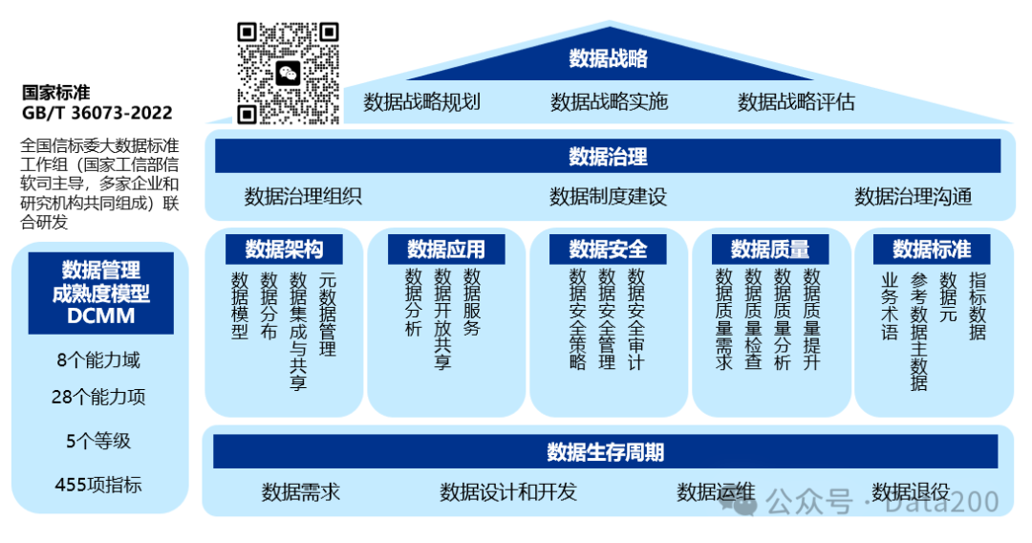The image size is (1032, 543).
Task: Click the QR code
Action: (x=289, y=74)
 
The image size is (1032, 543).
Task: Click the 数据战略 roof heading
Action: (x=609, y=58)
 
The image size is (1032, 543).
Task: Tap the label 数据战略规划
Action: (x=421, y=102)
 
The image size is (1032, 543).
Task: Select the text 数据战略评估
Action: (x=796, y=102)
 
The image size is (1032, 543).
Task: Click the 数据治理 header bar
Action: (x=608, y=156)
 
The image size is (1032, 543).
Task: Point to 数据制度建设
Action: (x=608, y=197)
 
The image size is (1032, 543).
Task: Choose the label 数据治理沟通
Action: (x=913, y=197)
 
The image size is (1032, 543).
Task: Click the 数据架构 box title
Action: (x=284, y=250)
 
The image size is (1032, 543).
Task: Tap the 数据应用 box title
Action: (x=446, y=250)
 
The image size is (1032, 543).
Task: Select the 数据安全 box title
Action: (x=608, y=250)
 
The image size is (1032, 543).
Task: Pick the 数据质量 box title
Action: (x=770, y=250)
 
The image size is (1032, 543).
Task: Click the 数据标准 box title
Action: (x=932, y=250)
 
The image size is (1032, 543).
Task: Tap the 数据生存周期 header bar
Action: (x=606, y=451)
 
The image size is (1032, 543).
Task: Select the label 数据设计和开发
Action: (x=508, y=492)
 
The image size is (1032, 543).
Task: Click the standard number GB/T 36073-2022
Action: (x=97, y=114)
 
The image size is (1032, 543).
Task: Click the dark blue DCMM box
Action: (x=101, y=293)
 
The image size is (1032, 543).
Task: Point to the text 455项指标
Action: (x=98, y=485)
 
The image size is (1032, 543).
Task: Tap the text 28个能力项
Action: (x=98, y=397)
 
